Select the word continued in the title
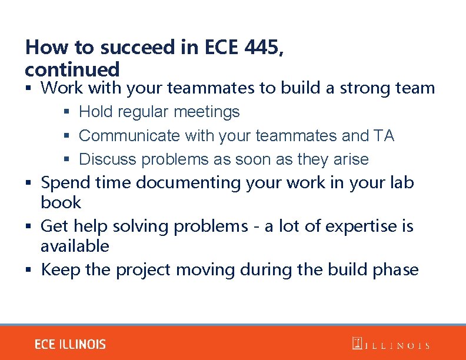[72, 69]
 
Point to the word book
[61, 203]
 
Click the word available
[75, 246]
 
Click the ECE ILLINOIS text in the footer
[70, 344]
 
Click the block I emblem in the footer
[357, 344]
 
